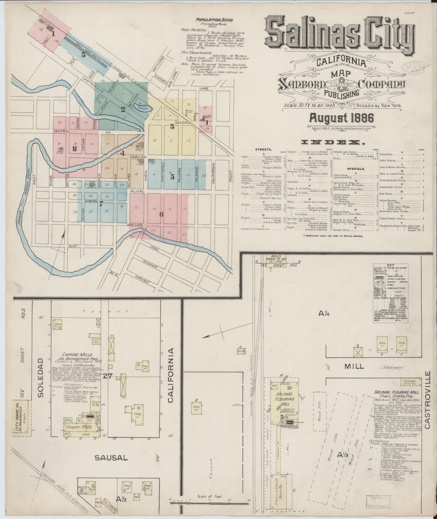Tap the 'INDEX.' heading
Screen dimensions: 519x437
point(333,142)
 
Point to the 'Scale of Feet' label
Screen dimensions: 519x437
point(210,496)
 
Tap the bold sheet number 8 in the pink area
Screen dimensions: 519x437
point(75,148)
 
